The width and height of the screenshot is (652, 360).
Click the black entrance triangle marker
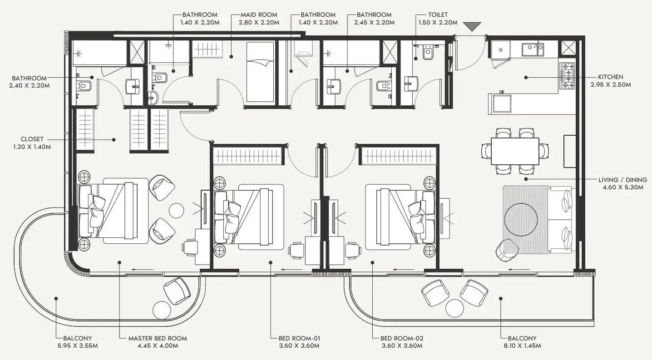coord(472,26)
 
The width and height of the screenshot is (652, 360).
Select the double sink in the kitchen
coord(533,49)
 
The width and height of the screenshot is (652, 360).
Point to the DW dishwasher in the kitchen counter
coord(502,104)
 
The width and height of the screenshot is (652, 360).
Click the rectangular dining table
coord(515,151)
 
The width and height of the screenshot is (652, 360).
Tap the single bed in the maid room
coord(260,72)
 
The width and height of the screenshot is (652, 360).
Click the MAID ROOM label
coord(259,15)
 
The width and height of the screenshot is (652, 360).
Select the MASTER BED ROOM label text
coord(157,338)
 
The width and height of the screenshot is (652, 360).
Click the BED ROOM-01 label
coord(300,338)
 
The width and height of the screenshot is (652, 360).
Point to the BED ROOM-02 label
coord(402,338)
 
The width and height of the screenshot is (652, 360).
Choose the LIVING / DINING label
coord(622,180)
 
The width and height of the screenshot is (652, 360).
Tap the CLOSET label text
coord(32,139)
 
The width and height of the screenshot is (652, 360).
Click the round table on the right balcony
coord(454,308)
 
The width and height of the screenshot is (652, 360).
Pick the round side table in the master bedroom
coord(176,210)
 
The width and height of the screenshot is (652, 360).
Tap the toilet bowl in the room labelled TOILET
coord(427,54)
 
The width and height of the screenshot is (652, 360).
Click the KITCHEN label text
coord(607,77)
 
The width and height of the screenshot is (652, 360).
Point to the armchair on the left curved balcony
coord(177,290)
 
